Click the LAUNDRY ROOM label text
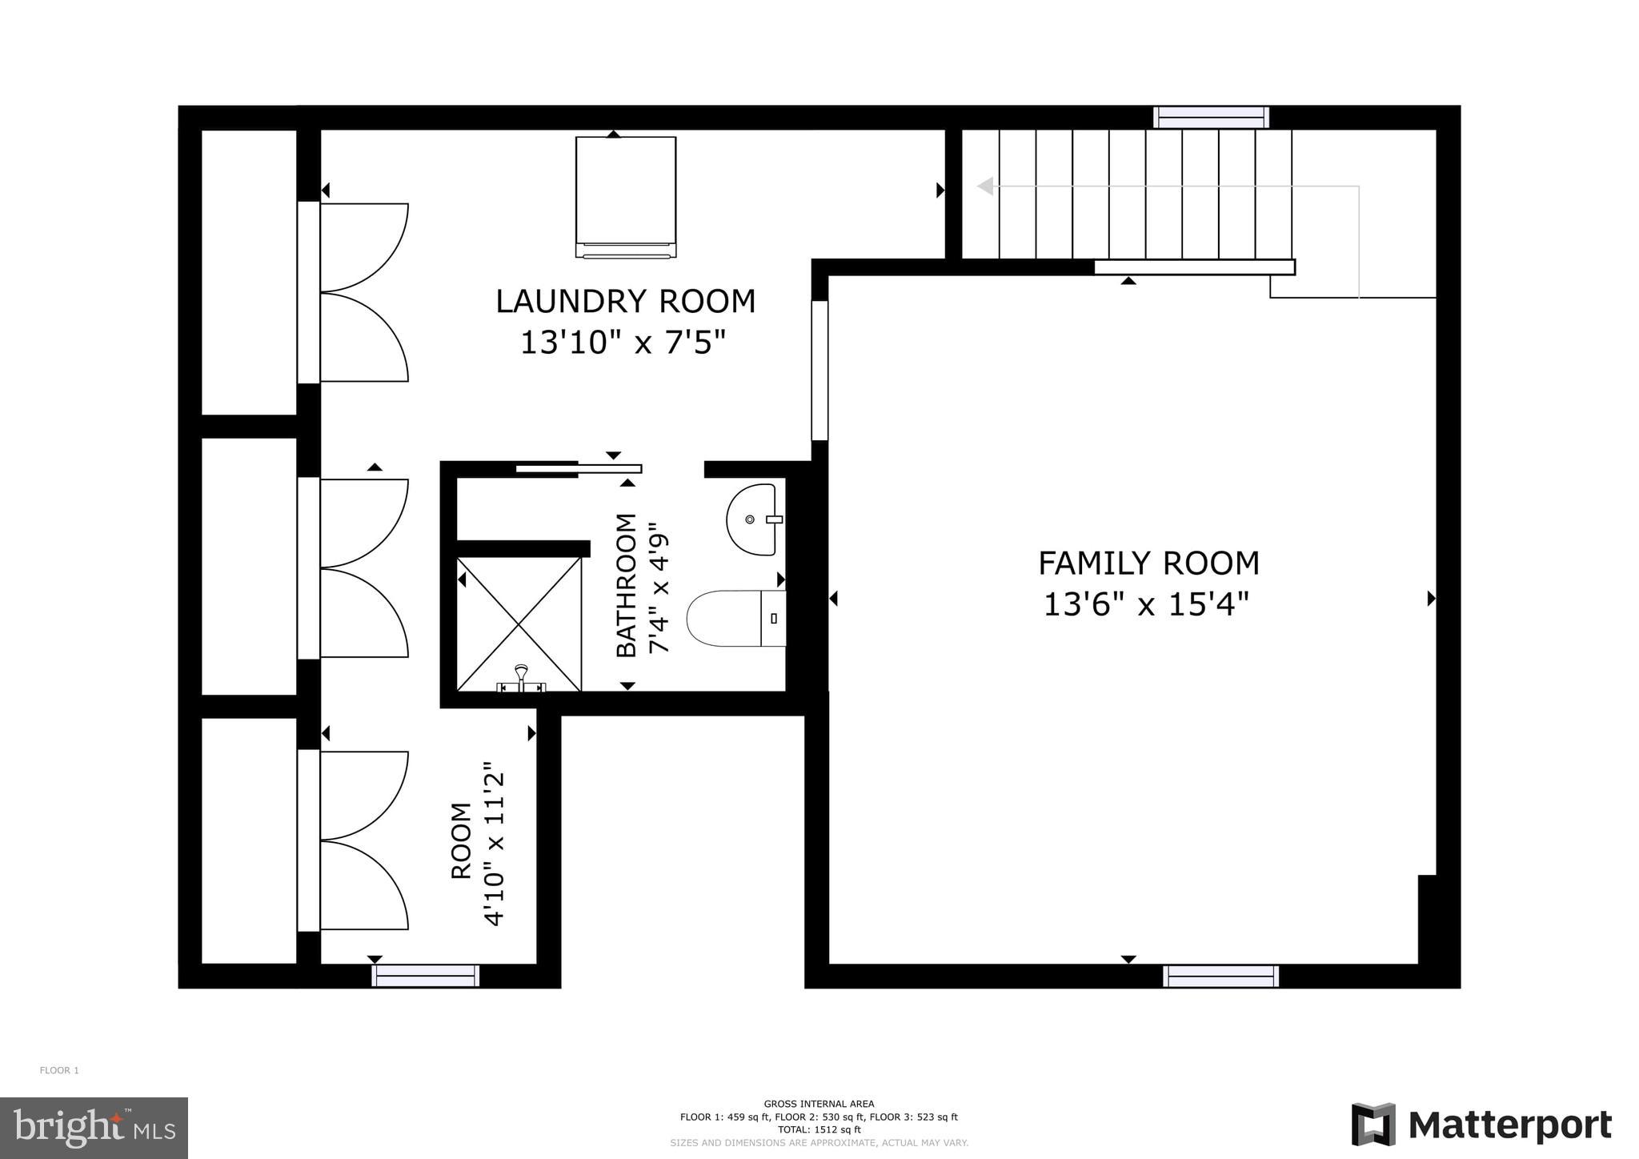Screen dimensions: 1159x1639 pyautogui.click(x=625, y=302)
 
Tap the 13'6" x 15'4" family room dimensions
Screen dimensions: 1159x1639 pyautogui.click(x=1145, y=604)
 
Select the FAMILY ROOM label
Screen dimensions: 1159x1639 pyautogui.click(x=1148, y=563)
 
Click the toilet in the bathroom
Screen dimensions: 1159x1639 pyautogui.click(x=735, y=618)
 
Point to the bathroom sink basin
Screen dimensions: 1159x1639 pyautogui.click(x=751, y=519)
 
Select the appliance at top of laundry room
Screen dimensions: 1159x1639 pyautogui.click(x=625, y=196)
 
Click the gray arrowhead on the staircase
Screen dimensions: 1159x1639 pyautogui.click(x=985, y=186)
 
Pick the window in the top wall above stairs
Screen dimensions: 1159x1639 pyautogui.click(x=1210, y=118)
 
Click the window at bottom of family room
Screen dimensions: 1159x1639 pyautogui.click(x=1220, y=976)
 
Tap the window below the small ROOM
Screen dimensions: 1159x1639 pyautogui.click(x=425, y=975)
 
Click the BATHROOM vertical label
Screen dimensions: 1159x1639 pyautogui.click(x=626, y=585)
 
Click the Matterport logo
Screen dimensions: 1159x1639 pyautogui.click(x=1481, y=1125)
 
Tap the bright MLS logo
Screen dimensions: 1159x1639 pyautogui.click(x=94, y=1128)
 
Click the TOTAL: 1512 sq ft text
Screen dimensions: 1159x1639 pyautogui.click(x=819, y=1129)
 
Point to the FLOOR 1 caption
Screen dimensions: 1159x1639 pyautogui.click(x=59, y=1070)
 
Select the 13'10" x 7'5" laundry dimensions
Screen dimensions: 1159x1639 pyautogui.click(x=623, y=343)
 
